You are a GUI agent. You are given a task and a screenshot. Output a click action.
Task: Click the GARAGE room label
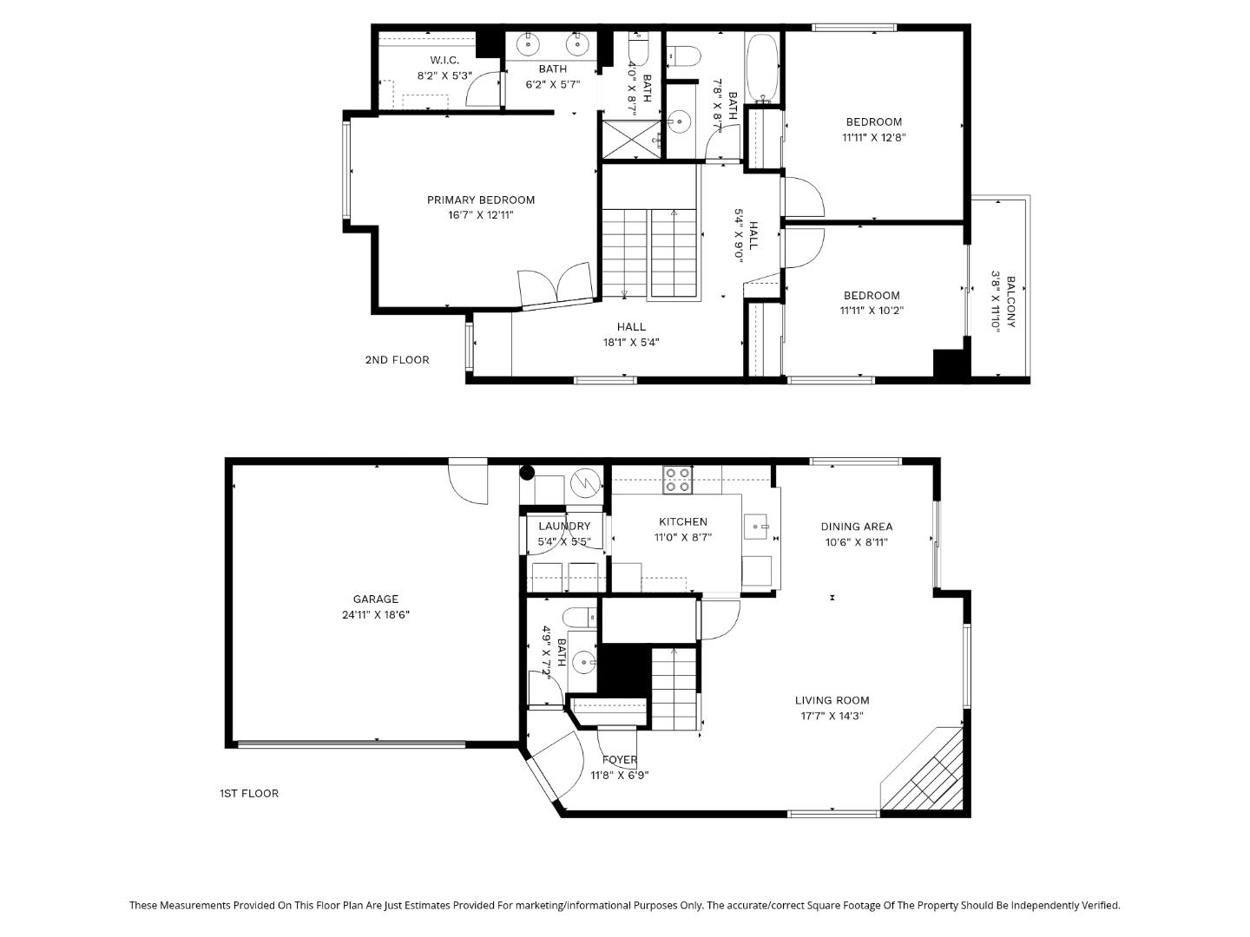[376, 599]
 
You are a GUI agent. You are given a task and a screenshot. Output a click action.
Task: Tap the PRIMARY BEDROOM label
[481, 200]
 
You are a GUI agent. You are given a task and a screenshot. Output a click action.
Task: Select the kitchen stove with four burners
[676, 480]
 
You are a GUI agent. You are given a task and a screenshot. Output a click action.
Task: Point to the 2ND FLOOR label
[397, 360]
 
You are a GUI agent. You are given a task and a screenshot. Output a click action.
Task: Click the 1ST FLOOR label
[249, 793]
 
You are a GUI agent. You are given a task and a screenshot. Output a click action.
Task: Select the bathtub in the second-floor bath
[764, 67]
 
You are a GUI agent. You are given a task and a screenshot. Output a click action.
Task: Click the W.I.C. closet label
[444, 60]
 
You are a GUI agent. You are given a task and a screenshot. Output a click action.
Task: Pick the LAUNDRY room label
[564, 526]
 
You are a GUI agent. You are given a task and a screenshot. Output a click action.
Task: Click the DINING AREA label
[857, 527]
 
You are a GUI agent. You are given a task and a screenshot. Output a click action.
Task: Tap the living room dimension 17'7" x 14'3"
[832, 716]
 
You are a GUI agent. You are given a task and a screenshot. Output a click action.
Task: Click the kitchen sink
[756, 526]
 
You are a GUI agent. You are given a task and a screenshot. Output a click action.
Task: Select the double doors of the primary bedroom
[556, 286]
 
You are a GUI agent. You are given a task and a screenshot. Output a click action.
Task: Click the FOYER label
[620, 760]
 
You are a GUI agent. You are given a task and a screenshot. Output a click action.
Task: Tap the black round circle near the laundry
[527, 473]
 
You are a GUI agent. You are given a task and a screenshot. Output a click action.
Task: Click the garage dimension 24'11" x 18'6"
[376, 614]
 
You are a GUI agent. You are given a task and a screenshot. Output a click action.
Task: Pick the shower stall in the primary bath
[632, 140]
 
